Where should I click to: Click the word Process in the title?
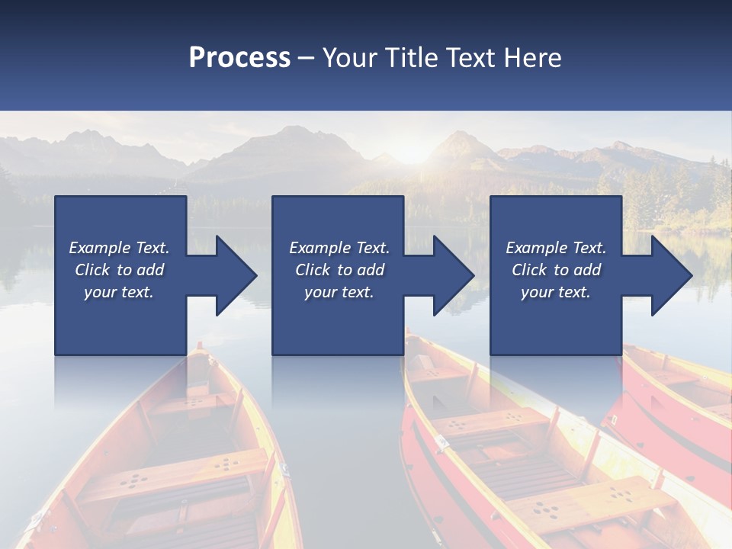pyautogui.click(x=239, y=58)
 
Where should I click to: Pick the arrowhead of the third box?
pyautogui.click(x=670, y=275)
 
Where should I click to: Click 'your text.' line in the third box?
pyautogui.click(x=555, y=292)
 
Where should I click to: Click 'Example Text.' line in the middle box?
pyautogui.click(x=339, y=248)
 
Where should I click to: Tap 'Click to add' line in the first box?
pyautogui.click(x=120, y=270)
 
